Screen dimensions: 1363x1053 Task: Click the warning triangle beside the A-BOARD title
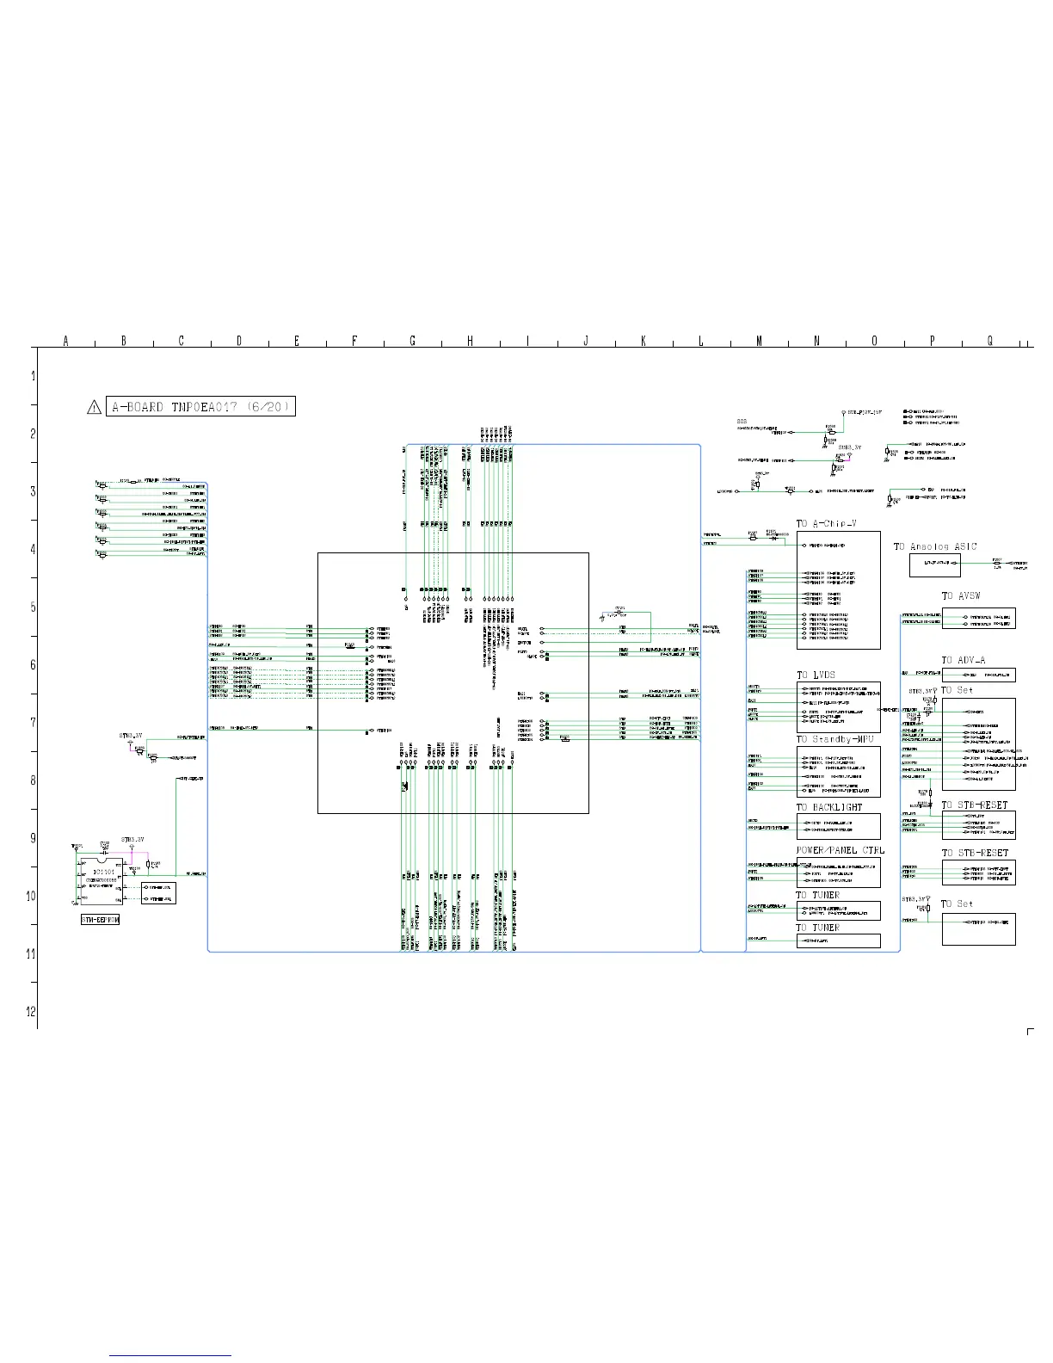coord(95,407)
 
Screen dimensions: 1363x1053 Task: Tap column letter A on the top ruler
coord(66,342)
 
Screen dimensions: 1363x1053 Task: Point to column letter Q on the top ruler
coord(990,342)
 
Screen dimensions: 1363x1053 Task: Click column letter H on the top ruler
coord(470,342)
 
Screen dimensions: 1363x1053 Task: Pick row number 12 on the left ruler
coord(31,1011)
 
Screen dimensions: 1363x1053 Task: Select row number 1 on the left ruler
coord(33,376)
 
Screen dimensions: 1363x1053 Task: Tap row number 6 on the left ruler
coord(33,665)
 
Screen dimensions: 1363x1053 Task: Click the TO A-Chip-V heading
coord(826,524)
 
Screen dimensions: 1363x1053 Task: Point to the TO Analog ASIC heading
coord(935,546)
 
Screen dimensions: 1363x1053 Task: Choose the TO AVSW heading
coord(961,596)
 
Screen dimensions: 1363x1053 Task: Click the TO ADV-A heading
coord(963,661)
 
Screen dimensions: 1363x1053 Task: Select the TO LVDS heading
coord(816,675)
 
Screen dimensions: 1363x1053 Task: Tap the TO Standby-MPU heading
coord(834,740)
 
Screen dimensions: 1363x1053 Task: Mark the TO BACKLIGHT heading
coord(828,807)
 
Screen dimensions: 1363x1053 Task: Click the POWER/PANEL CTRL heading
coord(840,851)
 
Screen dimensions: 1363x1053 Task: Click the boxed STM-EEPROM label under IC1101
coord(101,920)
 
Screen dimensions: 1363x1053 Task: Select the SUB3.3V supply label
coord(849,447)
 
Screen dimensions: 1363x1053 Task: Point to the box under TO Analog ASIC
coord(935,564)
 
